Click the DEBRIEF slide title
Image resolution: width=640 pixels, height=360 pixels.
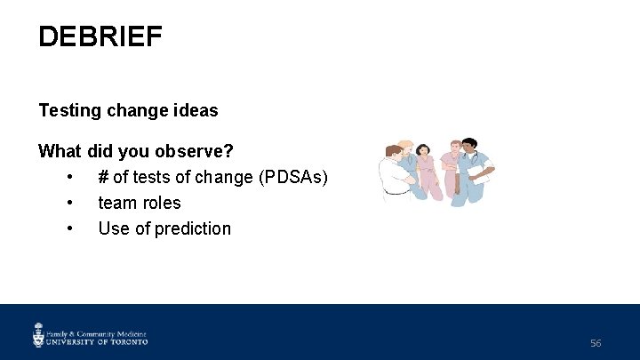pyautogui.click(x=100, y=37)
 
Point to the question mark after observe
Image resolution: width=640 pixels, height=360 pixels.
pyautogui.click(x=228, y=151)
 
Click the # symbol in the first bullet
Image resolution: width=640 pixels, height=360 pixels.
pyautogui.click(x=103, y=177)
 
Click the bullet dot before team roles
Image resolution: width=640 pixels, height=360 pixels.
pyautogui.click(x=68, y=203)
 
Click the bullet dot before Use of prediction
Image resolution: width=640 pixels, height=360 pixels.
pyautogui.click(x=68, y=228)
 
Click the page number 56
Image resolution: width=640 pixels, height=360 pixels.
pyautogui.click(x=596, y=343)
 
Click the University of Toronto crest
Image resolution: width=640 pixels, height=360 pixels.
pyautogui.click(x=39, y=334)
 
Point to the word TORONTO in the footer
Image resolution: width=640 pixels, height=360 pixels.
pyautogui.click(x=127, y=340)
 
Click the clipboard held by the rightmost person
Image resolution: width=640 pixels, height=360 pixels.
pyautogui.click(x=478, y=173)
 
